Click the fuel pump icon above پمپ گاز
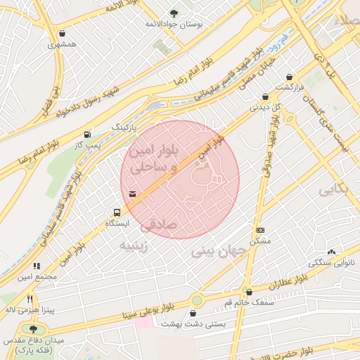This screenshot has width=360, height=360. (86, 134)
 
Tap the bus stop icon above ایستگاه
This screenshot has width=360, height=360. (117, 212)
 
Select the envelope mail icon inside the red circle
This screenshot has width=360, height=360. (133, 193)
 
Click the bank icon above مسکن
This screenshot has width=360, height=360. (260, 230)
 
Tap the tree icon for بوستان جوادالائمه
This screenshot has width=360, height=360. (174, 13)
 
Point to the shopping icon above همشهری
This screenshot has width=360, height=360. (63, 33)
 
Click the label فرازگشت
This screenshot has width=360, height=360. (289, 86)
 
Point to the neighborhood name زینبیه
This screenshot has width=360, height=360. (134, 245)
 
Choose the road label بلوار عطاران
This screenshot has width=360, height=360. (289, 282)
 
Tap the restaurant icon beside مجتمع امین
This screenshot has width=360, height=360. (37, 266)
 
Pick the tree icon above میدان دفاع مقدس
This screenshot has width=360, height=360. (33, 329)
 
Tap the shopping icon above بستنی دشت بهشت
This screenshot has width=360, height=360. (193, 314)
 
